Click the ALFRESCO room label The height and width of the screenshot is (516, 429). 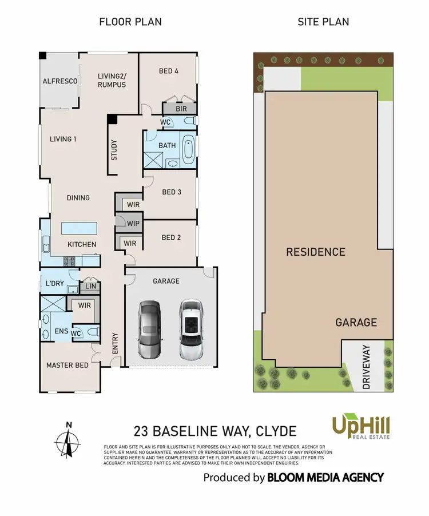[60, 82]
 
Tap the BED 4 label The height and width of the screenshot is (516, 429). [168, 72]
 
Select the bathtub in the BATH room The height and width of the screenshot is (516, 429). [188, 146]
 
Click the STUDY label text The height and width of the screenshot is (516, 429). [114, 150]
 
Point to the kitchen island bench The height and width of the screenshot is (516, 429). [78, 228]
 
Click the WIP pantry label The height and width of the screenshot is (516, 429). [134, 223]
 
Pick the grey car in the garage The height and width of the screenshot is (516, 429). [150, 330]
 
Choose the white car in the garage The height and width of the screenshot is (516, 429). [190, 330]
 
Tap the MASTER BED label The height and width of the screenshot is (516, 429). [67, 365]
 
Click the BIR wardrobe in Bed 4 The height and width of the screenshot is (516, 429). [178, 108]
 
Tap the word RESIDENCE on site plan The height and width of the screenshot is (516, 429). [316, 252]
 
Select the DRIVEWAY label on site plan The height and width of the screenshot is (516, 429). [367, 367]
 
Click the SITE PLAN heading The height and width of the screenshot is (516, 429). [323, 22]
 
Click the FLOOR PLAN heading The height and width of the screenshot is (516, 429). [130, 22]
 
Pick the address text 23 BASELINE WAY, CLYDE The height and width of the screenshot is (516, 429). [215, 430]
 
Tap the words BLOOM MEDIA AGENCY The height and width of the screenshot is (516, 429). [325, 477]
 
